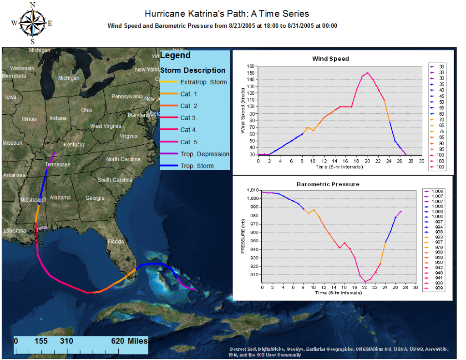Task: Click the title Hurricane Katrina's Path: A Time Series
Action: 227,14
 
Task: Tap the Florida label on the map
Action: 116,242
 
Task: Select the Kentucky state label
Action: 74,145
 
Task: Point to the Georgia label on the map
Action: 95,198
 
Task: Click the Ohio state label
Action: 86,110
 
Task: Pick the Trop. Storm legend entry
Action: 197,166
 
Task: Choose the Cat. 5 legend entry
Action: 189,142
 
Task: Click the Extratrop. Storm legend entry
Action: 203,82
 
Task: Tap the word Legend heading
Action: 175,56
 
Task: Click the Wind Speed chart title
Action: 330,59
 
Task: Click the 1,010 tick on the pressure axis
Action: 252,190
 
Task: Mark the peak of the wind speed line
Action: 368,73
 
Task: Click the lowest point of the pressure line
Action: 365,282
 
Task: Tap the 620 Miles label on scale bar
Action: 129,341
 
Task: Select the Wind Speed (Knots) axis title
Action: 243,111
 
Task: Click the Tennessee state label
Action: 58,164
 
